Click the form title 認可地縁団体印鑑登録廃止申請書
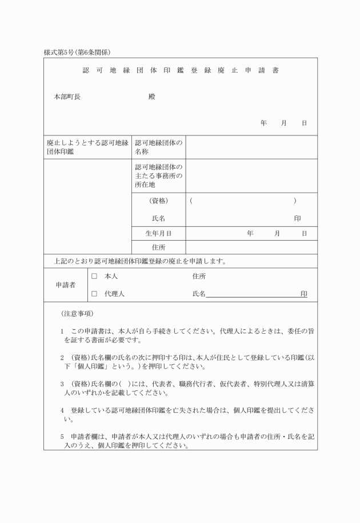point(180,71)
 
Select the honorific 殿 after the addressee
point(151,97)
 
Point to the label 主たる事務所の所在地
point(158,176)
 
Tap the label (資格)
point(158,201)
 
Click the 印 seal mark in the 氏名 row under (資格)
point(297,218)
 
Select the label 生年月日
point(158,234)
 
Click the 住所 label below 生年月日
point(158,247)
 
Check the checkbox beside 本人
point(95,277)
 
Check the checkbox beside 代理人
point(95,294)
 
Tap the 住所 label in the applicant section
point(199,277)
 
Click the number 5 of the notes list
point(62,437)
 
